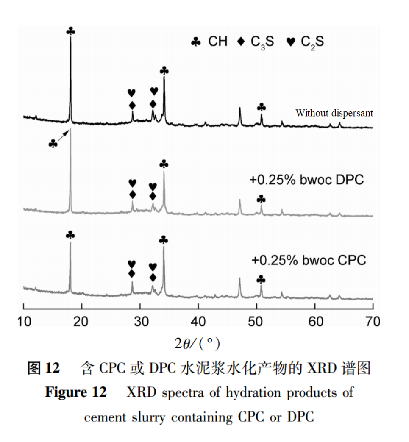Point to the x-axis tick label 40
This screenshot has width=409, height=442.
tap(198, 322)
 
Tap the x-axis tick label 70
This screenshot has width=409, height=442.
tap(372, 322)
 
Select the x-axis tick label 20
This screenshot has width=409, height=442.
tap(81, 322)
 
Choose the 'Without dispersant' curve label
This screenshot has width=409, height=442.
tap(334, 113)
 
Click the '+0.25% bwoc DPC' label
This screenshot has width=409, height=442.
tap(306, 180)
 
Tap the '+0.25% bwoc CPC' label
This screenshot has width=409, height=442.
tap(309, 260)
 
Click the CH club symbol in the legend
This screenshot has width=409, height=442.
tap(196, 42)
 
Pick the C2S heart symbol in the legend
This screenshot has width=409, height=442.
tap(291, 42)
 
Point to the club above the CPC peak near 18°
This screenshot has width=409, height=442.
tap(70, 235)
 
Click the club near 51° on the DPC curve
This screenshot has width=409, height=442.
tap(262, 199)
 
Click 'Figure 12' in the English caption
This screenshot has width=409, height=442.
tap(76, 392)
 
